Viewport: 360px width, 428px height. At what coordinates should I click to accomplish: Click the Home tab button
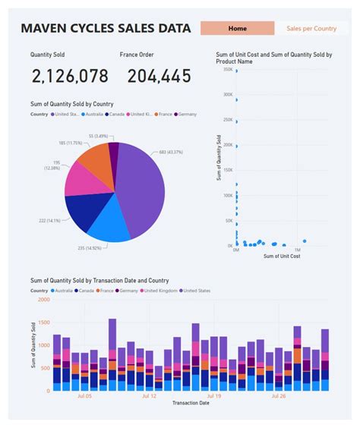pos(237,28)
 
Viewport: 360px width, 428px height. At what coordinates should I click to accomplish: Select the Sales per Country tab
pos(311,28)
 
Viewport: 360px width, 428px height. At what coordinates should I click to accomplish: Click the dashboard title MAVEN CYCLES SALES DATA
pos(106,29)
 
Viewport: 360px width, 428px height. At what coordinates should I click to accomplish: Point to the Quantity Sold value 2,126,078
pos(69,76)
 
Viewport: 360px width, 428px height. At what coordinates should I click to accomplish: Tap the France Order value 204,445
pos(159,76)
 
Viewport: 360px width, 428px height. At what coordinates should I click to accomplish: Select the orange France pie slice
pos(93,157)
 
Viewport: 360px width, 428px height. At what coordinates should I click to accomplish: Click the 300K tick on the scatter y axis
pos(227,95)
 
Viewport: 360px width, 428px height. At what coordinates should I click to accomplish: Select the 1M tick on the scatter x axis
pos(297,249)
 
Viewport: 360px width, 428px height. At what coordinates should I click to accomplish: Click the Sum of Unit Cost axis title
pos(281,256)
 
